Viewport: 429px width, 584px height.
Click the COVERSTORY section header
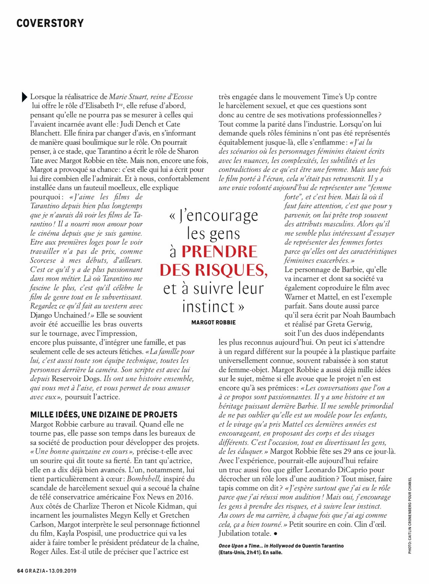coord(50,23)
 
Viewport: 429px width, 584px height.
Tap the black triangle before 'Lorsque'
coord(24,97)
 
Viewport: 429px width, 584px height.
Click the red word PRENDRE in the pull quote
coord(219,252)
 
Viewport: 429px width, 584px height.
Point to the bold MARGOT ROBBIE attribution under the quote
coord(213,323)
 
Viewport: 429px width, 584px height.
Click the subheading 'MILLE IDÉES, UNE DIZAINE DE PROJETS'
coord(104,415)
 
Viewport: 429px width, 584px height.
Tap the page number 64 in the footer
coord(20,571)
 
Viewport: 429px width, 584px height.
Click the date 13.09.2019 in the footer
coord(62,571)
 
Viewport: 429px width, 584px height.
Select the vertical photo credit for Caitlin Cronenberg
coord(410,515)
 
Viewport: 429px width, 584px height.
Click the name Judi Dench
coord(138,124)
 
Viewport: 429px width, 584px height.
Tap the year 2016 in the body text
coord(184,497)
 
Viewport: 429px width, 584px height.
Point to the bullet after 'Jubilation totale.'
coord(275,534)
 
